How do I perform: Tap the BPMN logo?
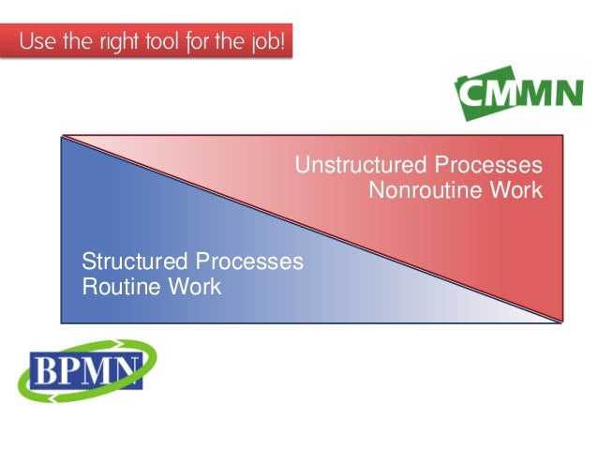tap(86, 370)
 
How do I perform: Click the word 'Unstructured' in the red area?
tap(357, 166)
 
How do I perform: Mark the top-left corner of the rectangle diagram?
tap(62, 136)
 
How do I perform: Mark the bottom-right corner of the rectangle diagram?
tap(562, 323)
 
